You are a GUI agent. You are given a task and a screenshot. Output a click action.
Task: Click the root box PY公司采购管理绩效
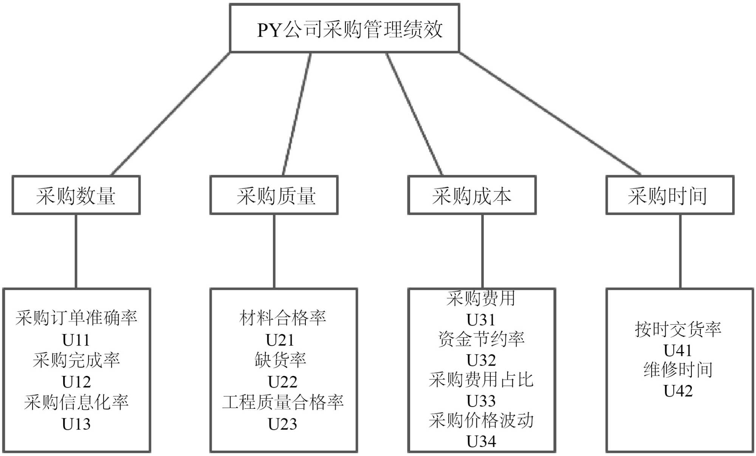(344, 28)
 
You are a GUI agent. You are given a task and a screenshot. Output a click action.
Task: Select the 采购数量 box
(76, 195)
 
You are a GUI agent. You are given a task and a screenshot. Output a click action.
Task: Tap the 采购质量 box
(274, 195)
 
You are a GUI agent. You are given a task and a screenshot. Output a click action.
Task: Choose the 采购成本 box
(472, 195)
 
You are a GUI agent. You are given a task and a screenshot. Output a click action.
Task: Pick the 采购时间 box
(670, 195)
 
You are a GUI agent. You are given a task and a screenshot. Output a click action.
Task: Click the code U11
(76, 340)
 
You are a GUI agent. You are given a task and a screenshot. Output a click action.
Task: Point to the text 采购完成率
(76, 360)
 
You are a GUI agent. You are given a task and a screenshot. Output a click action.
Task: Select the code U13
(76, 424)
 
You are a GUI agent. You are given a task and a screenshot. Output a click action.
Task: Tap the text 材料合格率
(282, 318)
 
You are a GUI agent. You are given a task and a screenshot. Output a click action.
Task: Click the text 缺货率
(280, 360)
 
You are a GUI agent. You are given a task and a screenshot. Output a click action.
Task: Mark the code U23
(282, 424)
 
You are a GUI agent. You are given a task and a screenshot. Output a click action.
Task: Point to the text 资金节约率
(481, 339)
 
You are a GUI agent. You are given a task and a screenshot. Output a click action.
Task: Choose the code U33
(481, 400)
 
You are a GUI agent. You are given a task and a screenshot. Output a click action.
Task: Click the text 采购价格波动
(481, 420)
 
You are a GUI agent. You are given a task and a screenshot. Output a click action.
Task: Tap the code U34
(481, 441)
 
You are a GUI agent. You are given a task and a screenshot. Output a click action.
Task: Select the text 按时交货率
(678, 329)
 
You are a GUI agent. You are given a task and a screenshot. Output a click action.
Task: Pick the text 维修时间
(678, 369)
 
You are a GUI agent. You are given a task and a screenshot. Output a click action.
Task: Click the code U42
(678, 391)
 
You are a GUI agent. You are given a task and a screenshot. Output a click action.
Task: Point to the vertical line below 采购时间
(680, 251)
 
